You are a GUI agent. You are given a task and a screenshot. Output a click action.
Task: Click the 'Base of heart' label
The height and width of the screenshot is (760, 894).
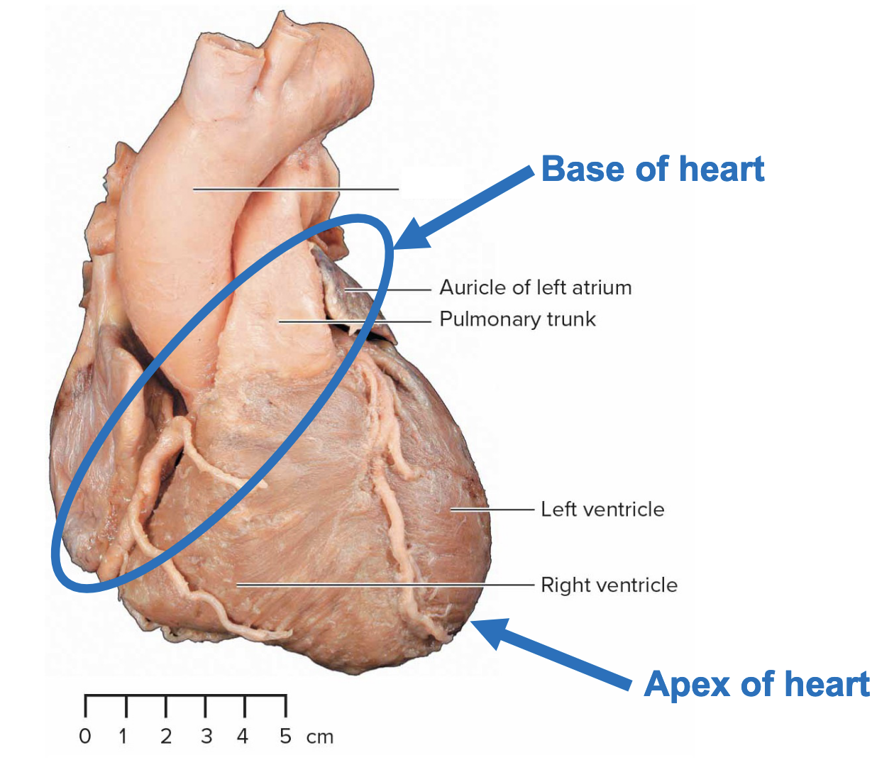tap(653, 170)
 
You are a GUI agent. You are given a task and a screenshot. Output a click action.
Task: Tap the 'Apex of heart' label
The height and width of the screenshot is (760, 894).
tap(757, 685)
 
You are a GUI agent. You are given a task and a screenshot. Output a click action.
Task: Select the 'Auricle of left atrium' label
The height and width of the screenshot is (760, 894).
tap(536, 287)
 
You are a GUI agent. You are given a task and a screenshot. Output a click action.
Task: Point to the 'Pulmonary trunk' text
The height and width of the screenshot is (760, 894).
tap(518, 319)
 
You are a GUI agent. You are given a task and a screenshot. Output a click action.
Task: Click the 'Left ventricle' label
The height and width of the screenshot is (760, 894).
tap(602, 510)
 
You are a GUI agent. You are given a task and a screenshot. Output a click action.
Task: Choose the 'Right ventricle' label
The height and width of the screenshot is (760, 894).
tap(609, 585)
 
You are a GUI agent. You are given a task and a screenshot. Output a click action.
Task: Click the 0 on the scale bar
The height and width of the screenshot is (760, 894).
tap(85, 737)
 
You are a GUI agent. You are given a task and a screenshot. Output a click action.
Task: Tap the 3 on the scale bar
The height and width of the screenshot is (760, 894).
tap(206, 737)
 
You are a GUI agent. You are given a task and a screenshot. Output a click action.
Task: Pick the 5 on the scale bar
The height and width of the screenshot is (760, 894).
tap(285, 737)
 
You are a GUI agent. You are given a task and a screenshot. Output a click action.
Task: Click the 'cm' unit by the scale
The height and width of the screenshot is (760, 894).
tap(320, 737)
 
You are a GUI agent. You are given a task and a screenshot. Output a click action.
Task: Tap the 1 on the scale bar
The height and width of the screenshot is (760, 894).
tap(123, 737)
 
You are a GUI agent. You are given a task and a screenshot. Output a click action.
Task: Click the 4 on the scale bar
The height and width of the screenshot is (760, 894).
tap(243, 737)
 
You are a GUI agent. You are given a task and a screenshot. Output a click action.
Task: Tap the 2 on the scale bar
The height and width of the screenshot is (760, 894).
tap(166, 737)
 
